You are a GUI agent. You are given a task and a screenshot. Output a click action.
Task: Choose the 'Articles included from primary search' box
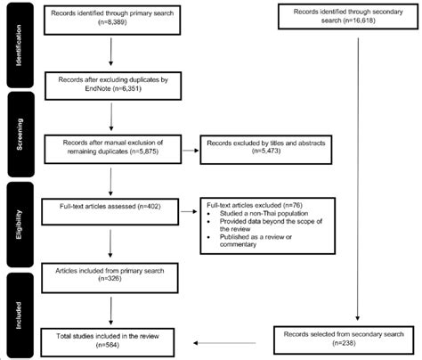click(x=110, y=274)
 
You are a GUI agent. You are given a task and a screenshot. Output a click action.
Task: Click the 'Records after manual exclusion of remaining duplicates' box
click(x=110, y=145)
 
